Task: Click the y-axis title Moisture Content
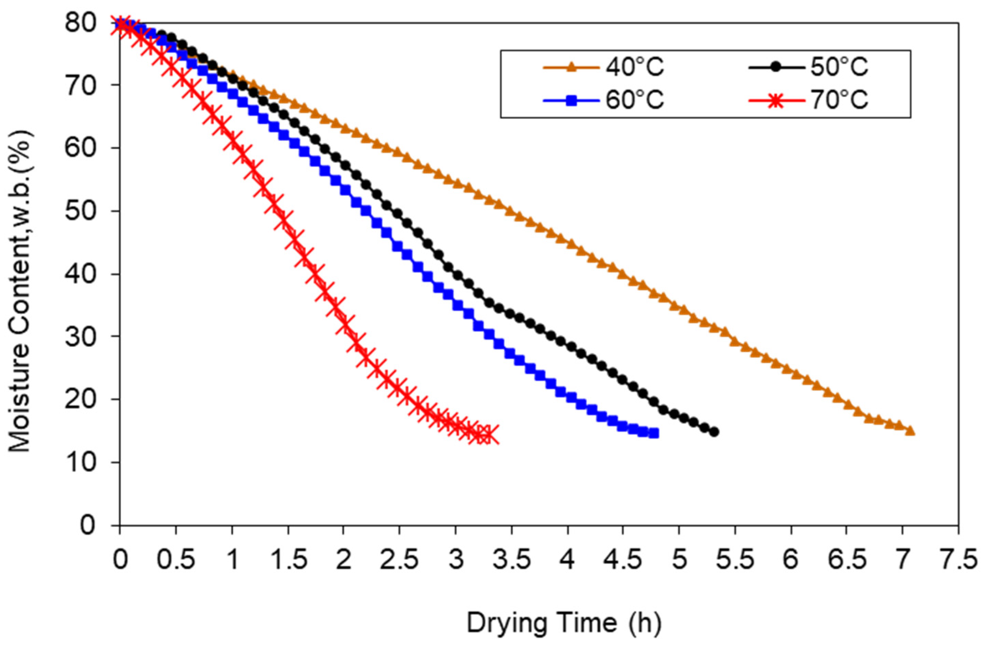21,292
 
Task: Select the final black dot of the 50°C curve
714,432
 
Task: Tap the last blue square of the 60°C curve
654,433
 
